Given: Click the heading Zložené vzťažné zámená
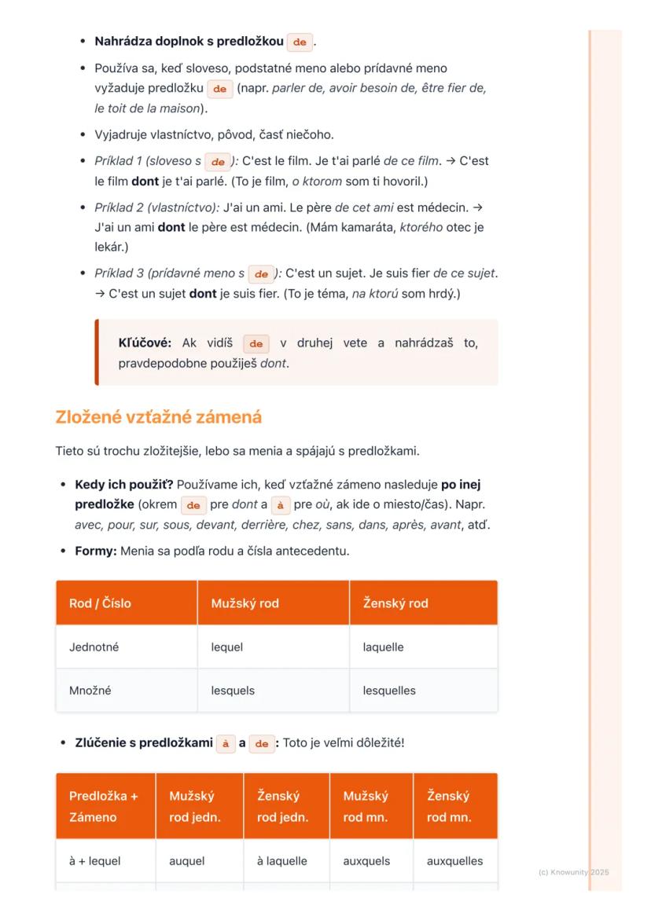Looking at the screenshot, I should pos(158,417).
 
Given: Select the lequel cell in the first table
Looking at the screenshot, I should pos(226,647).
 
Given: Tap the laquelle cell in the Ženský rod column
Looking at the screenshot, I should pos(383,647).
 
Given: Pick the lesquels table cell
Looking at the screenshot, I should pos(232,691).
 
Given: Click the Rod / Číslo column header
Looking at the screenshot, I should pos(100,603).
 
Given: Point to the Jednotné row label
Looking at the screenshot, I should pos(94,647).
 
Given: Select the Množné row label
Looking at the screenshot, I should pos(90,691).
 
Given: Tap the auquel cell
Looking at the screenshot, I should pos(186,860).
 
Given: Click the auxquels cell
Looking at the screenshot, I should pos(366,860).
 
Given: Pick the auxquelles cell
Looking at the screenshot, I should pos(454,860).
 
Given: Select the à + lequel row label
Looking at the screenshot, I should pos(95,860).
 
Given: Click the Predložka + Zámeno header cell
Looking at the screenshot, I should pos(103,806).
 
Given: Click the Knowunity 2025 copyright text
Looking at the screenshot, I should pos(573,872).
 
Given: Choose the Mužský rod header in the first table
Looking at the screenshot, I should pos(245,603).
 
